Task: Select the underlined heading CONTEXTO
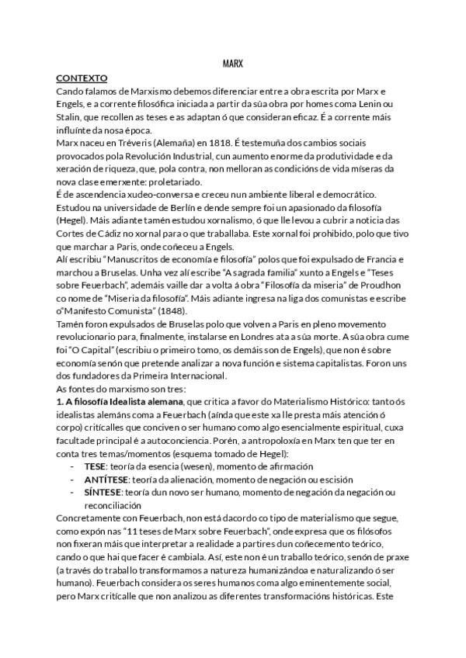point(82,78)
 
